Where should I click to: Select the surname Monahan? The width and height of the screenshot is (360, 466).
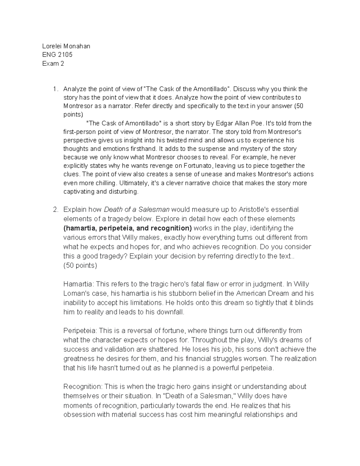pos(76,46)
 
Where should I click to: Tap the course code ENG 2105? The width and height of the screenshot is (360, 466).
pos(57,55)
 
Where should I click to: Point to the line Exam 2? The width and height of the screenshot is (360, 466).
pos(53,63)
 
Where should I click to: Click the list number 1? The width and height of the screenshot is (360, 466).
pos(54,89)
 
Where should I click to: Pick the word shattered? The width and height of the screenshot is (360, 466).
pos(164,349)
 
